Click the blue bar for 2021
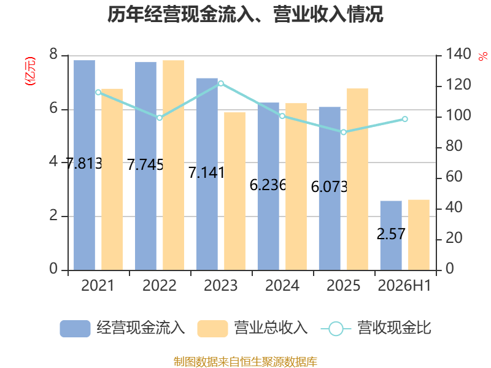84,165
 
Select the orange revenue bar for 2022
174,165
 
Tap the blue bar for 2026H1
391,236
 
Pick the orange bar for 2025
357,179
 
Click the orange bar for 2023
235,191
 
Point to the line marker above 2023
221,83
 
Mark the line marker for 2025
344,132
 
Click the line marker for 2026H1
405,119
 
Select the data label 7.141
207,172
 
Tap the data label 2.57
391,234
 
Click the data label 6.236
268,185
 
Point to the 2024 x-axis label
282,285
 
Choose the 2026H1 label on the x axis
404,285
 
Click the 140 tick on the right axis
458,54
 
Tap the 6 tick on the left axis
53,109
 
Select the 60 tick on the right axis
454,177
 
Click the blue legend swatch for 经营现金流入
75,329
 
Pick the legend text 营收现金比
395,328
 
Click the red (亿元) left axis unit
30,71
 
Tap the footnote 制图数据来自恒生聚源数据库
245,362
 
